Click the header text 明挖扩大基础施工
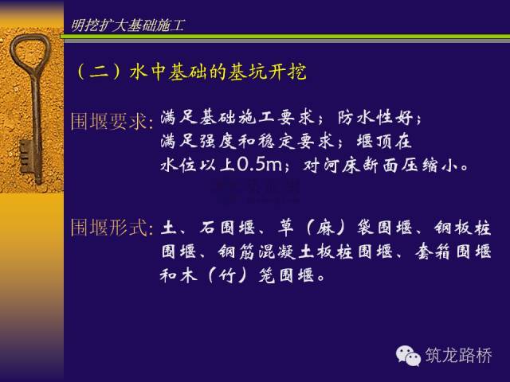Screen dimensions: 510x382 tap(127, 25)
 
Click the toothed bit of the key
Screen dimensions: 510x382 tap(25, 156)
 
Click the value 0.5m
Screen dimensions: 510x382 tap(259, 165)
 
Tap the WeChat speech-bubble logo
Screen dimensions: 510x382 tap(408, 356)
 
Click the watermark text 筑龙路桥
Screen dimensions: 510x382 tap(459, 355)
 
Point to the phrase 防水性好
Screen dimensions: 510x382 tap(375, 117)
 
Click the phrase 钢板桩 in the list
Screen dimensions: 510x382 tap(462, 228)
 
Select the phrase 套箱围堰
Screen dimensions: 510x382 tap(453, 251)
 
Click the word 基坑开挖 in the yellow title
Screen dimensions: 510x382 tap(267, 71)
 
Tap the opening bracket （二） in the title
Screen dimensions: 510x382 tap(81, 72)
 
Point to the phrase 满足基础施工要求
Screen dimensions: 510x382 tap(237, 117)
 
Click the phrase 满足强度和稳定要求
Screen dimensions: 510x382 tap(247, 142)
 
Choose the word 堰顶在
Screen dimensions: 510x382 tap(384, 142)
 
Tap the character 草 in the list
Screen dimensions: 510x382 tap(286, 228)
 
